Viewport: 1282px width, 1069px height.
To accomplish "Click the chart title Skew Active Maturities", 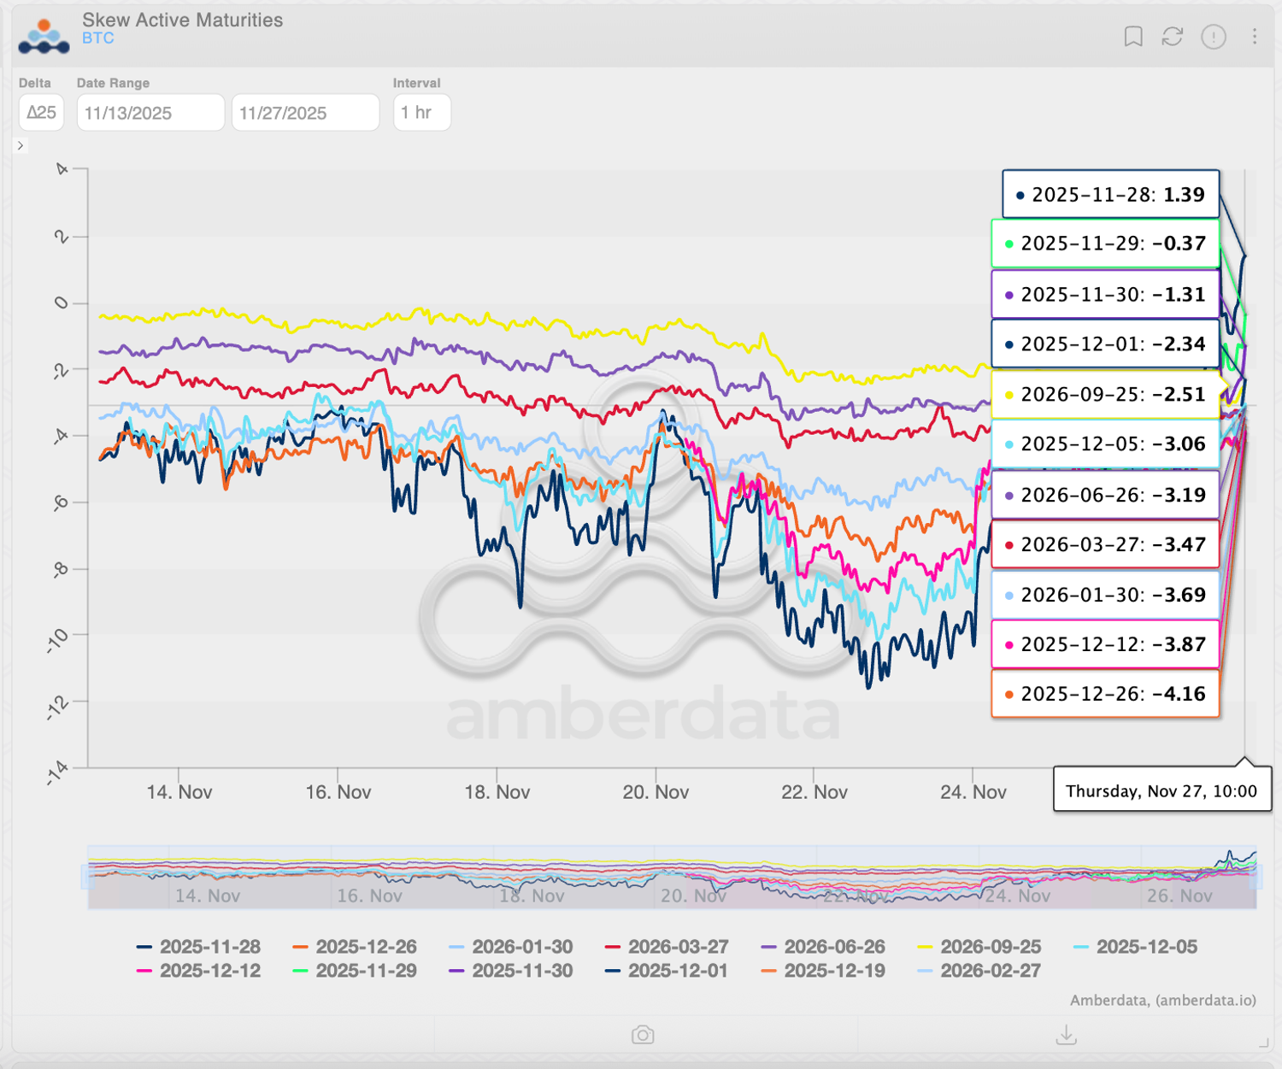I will coord(182,20).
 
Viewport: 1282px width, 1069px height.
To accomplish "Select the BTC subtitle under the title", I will coord(97,38).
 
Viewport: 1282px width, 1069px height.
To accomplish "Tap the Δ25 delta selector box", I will coord(41,113).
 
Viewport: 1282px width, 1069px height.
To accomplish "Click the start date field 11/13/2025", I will coord(150,113).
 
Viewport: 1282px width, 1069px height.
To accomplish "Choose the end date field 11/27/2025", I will coord(305,113).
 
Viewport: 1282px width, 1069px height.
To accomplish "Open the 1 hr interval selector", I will coord(421,113).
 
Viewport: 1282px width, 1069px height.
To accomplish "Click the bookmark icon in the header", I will coord(1133,36).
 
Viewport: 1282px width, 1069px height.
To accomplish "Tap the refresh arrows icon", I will coord(1172,36).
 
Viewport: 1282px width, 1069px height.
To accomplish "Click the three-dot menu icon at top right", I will coord(1254,36).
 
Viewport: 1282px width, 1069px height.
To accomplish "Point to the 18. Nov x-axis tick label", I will coord(497,792).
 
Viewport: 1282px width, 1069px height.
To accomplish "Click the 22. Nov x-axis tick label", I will coord(814,792).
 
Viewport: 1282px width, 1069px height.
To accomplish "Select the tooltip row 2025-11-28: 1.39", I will coord(1110,195).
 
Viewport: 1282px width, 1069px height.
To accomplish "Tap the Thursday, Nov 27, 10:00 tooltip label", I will coord(1161,791).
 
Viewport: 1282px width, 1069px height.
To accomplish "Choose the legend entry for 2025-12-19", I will coord(823,971).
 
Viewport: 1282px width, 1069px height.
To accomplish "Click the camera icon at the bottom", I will coord(643,1036).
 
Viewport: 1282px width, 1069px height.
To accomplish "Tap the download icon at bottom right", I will coord(1066,1036).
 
